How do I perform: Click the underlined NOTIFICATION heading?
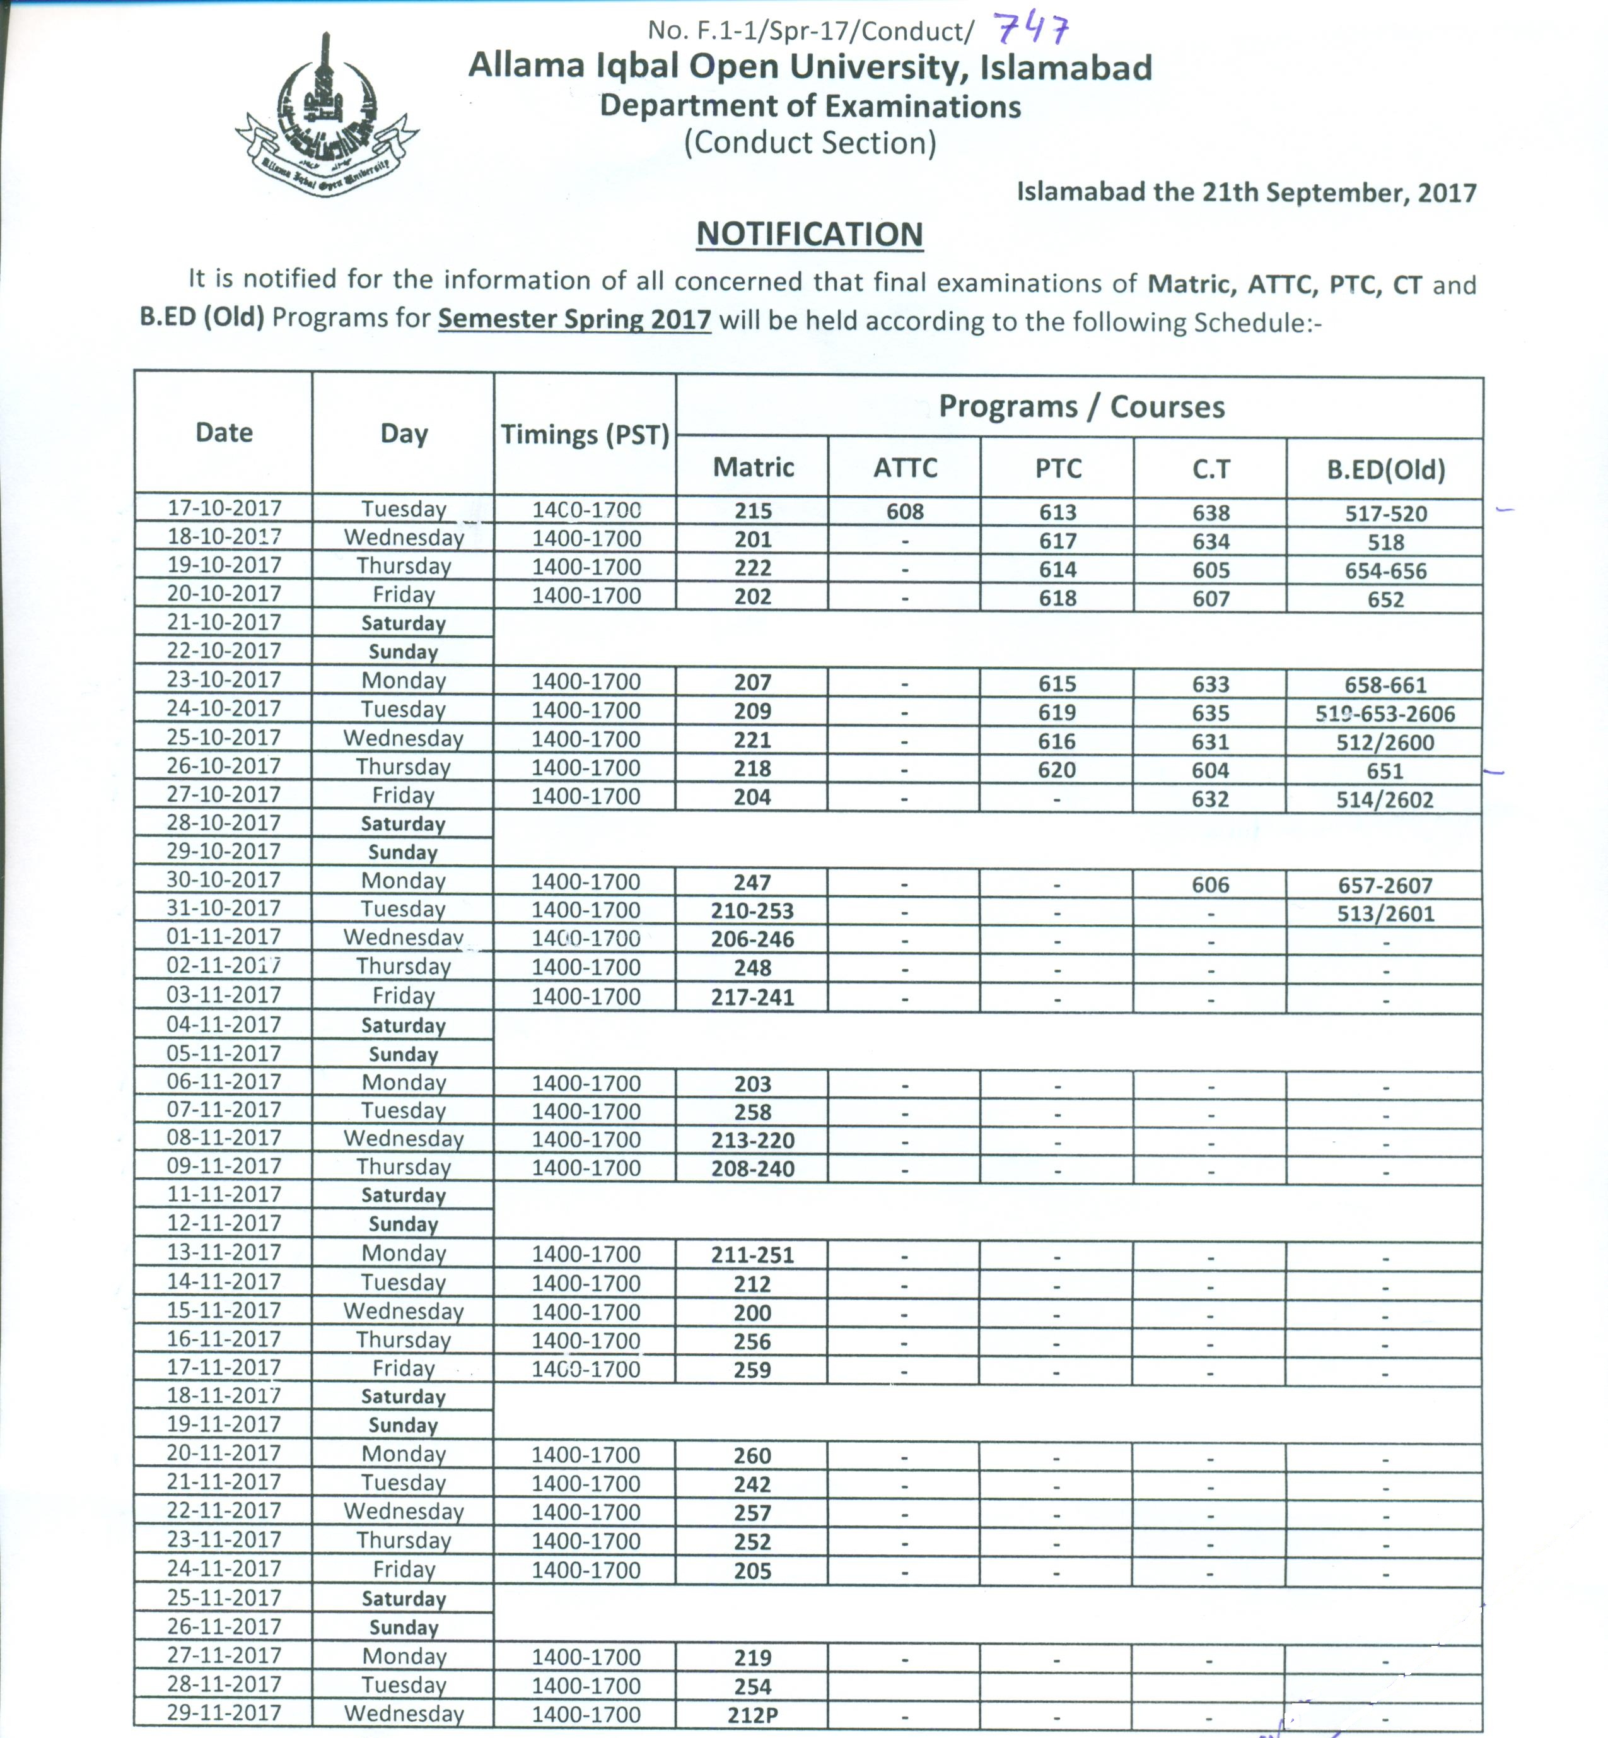tap(809, 235)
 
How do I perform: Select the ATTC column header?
tap(905, 468)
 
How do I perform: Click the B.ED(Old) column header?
tap(1385, 470)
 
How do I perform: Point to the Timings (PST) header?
tap(585, 434)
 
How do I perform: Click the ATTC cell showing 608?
tap(905, 512)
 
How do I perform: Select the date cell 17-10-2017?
tap(224, 507)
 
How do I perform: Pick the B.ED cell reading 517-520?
tap(1385, 514)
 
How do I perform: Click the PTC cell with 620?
tap(1057, 770)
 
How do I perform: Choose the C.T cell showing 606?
tap(1210, 885)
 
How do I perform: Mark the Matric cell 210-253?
tap(753, 911)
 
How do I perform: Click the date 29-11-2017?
tap(224, 1713)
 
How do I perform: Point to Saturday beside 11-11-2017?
tap(403, 1195)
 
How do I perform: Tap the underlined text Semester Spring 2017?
tap(574, 319)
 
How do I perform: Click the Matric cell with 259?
tap(753, 1370)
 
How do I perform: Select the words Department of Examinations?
tap(809, 106)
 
